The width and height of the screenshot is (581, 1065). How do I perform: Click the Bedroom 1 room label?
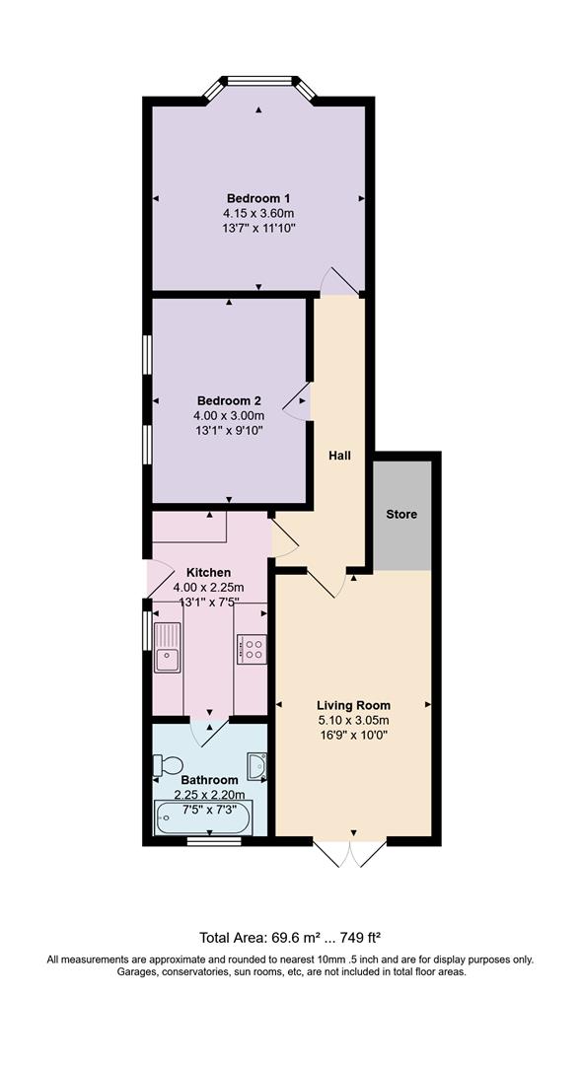tap(258, 198)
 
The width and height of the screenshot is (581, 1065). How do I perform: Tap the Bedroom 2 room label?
tap(229, 400)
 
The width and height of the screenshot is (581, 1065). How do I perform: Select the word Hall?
tap(339, 456)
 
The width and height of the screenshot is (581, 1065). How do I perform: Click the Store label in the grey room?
tap(401, 514)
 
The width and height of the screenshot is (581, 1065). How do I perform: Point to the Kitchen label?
tap(208, 573)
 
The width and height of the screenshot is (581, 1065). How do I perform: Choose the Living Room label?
tap(353, 705)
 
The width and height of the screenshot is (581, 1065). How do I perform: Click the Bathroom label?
tap(209, 780)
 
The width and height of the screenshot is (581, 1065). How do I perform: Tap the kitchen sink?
tap(167, 647)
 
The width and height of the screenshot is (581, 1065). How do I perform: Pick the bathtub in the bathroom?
tap(204, 817)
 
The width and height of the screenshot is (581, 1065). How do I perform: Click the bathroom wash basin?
tap(257, 766)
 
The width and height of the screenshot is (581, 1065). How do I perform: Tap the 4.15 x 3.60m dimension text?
tap(258, 213)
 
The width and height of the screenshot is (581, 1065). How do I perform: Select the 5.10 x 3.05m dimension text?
tap(353, 720)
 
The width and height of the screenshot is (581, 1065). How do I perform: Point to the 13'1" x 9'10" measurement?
tap(229, 429)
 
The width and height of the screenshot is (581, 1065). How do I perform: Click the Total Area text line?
tap(290, 938)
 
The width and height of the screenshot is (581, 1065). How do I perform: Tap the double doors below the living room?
tap(350, 853)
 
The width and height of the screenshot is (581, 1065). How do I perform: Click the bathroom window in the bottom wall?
tap(214, 841)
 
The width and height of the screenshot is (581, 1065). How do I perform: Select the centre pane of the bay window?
tap(258, 81)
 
